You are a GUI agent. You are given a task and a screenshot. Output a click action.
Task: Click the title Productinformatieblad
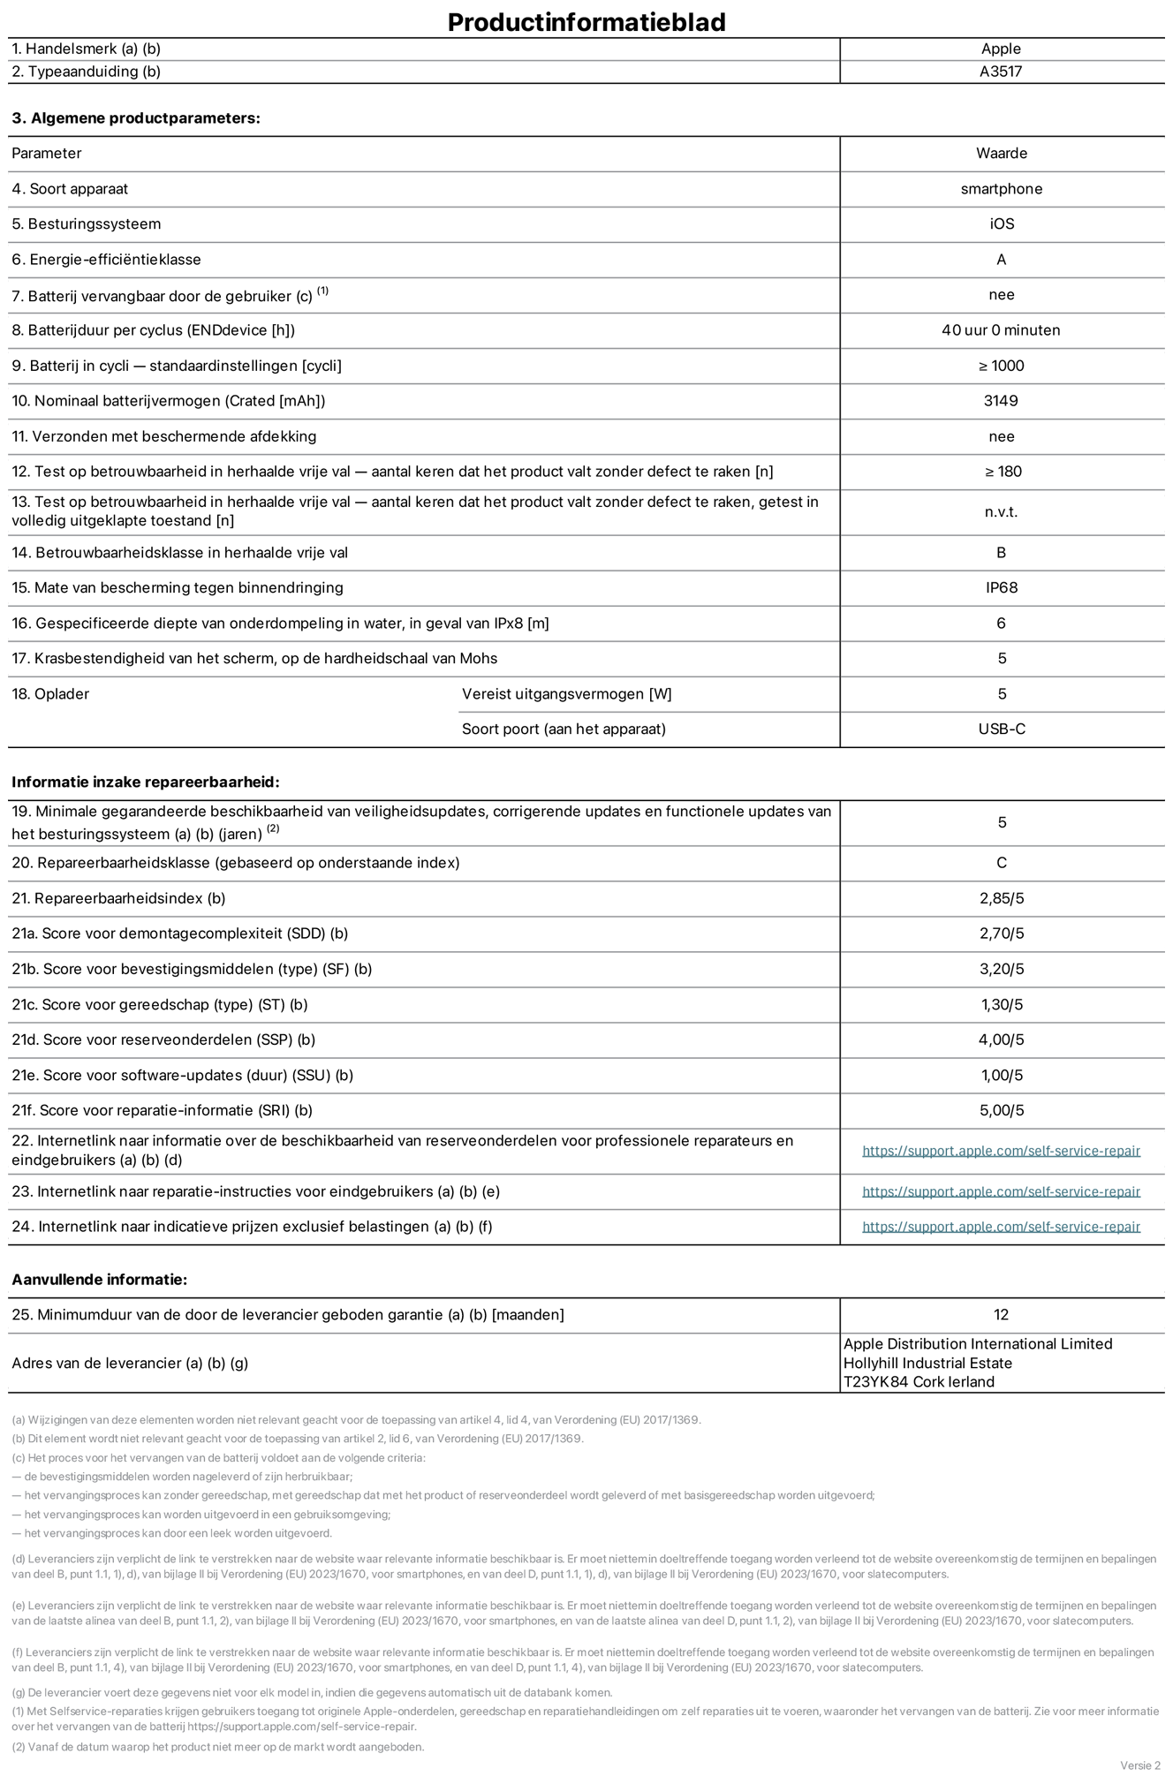(586, 22)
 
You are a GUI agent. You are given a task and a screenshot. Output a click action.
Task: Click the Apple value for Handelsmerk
(1001, 49)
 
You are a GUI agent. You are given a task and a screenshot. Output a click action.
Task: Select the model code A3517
(1001, 72)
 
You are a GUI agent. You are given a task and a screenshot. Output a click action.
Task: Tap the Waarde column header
(1001, 154)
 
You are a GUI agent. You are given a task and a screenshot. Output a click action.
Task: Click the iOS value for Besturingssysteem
(1002, 224)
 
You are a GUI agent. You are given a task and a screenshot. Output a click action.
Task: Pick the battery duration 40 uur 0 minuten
(1001, 330)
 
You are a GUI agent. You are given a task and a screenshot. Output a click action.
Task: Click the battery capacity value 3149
(1001, 401)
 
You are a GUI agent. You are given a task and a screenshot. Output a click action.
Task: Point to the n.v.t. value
(1001, 512)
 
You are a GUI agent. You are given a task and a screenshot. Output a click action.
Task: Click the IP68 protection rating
(1002, 588)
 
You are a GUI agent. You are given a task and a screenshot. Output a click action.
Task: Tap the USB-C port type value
(1002, 729)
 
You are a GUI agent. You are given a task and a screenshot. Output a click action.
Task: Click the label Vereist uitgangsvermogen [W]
(566, 694)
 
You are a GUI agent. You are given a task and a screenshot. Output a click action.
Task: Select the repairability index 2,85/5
(1002, 899)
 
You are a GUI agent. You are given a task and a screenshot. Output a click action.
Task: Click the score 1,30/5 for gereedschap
(1002, 1005)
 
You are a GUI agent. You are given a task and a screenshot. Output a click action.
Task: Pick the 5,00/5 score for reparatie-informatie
(1002, 1111)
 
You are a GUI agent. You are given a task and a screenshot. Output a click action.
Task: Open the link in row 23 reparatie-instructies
(1001, 1192)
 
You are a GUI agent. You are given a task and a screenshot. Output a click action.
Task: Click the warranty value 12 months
(1001, 1315)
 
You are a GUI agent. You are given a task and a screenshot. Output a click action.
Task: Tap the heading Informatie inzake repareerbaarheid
(146, 782)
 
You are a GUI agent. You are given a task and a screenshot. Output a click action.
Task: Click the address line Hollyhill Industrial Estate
(927, 1364)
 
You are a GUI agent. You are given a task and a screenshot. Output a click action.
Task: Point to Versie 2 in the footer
(1139, 1765)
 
